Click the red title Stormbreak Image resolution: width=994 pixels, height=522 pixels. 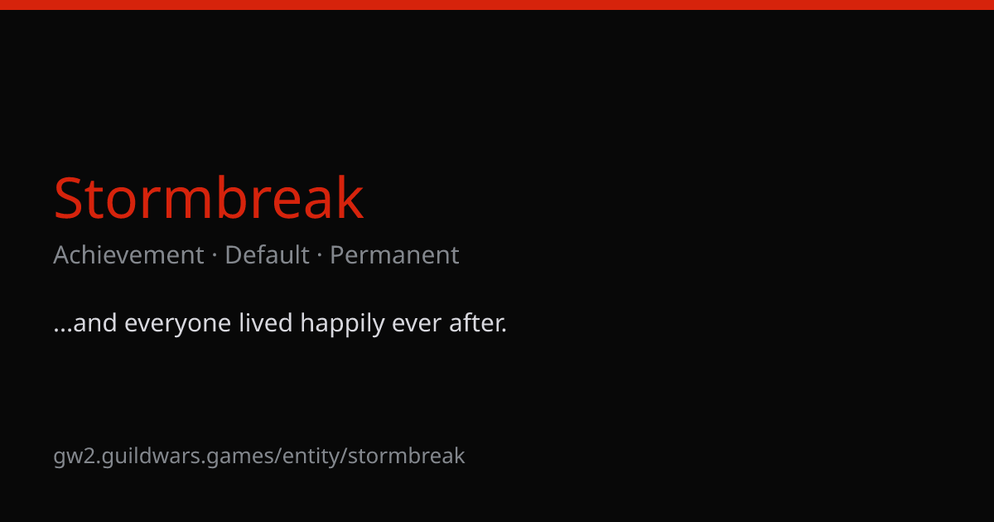(209, 197)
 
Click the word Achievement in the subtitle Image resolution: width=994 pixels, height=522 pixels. (128, 255)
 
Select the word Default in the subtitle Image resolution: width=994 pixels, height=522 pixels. (267, 255)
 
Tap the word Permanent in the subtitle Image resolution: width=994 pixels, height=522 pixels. (394, 255)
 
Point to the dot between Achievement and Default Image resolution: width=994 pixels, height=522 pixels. (215, 255)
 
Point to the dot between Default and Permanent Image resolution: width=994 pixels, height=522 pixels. (320, 255)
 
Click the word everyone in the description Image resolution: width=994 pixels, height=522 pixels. (177, 324)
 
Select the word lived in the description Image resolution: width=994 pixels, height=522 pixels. (266, 322)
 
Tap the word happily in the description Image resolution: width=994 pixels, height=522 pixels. (343, 324)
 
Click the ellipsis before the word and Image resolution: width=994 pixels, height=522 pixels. (63, 331)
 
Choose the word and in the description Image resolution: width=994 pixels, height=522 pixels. (95, 322)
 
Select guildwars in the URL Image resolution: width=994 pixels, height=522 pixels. (151, 457)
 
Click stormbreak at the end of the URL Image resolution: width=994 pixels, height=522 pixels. (407, 456)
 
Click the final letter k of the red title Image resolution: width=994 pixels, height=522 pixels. (350, 196)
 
